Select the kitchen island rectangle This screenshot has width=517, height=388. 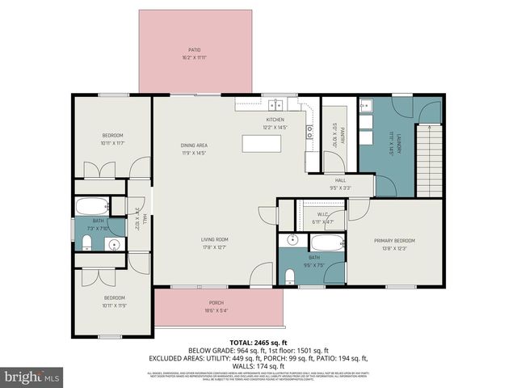tap(263, 144)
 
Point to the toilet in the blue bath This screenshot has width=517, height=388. tap(290, 276)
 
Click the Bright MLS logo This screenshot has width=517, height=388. tap(32, 377)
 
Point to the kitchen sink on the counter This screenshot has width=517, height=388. tap(276, 103)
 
